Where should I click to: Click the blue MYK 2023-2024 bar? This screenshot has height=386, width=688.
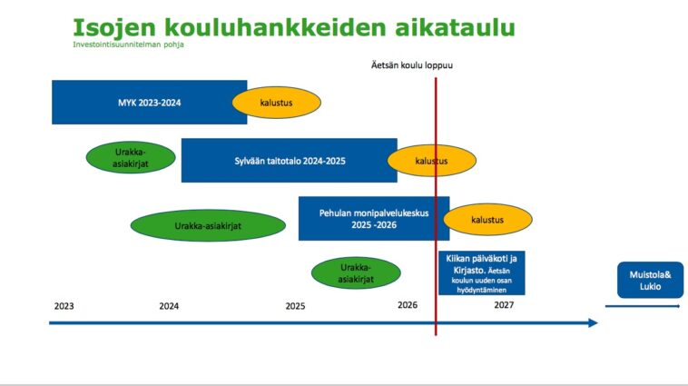coord(149,102)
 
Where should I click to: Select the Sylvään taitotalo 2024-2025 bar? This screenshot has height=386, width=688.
coord(290,160)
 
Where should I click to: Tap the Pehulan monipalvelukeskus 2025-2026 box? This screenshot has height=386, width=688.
coord(374,218)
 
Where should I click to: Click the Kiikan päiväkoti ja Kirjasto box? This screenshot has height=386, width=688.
coord(481,272)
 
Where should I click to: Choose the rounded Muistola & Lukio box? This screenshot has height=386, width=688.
coord(650,280)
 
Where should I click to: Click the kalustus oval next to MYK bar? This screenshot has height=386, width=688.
coord(277,103)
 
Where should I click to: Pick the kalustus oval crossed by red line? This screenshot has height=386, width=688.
coord(432,161)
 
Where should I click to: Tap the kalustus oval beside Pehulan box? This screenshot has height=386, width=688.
coord(487,219)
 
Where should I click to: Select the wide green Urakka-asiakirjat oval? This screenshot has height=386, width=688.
coord(208,226)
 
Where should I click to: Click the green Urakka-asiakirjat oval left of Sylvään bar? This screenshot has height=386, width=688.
coord(131,157)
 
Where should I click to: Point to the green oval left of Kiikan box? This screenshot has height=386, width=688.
coord(356,272)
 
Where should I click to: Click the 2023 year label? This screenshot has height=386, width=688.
coord(64,306)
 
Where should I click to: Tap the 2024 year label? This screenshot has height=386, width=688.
coord(169,306)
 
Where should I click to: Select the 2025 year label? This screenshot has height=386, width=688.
coord(295,306)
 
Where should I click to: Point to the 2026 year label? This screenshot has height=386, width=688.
coord(408,305)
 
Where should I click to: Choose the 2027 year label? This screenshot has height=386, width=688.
coord(504,305)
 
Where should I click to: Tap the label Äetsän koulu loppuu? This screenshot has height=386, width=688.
coord(412,65)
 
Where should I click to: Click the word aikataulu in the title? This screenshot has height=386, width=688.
coord(455,27)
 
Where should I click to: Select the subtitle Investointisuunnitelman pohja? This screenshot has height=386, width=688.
coord(128,45)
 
